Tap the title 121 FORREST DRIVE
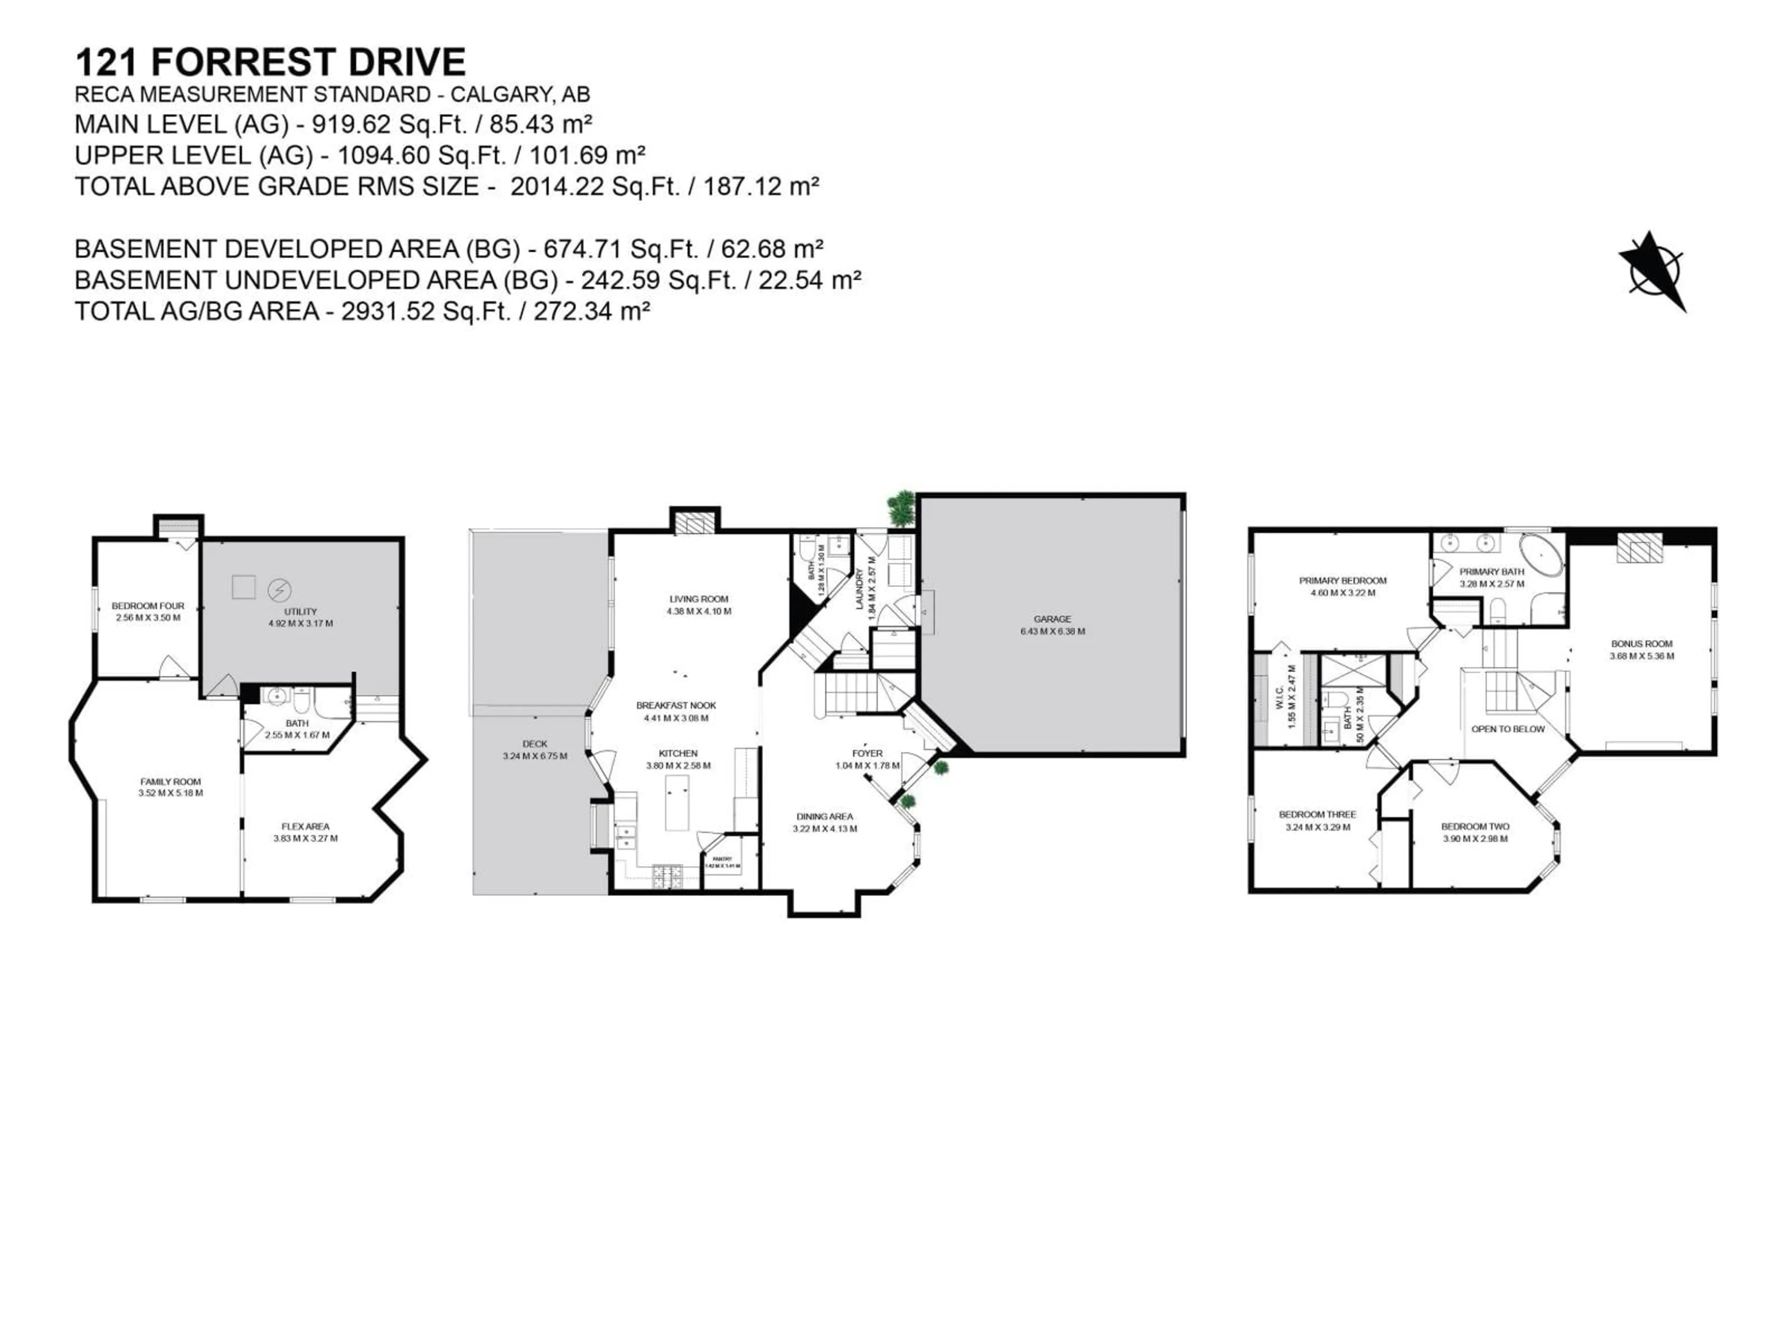tap(271, 62)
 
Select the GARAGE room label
tap(1052, 619)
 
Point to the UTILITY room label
tap(300, 612)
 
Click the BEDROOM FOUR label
tap(148, 606)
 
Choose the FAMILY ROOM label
tap(170, 782)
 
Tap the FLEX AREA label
tap(305, 826)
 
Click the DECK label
tap(535, 744)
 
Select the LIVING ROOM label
tap(699, 599)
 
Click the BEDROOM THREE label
tap(1317, 814)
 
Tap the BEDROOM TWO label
tap(1475, 826)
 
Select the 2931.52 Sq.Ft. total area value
tap(425, 311)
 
